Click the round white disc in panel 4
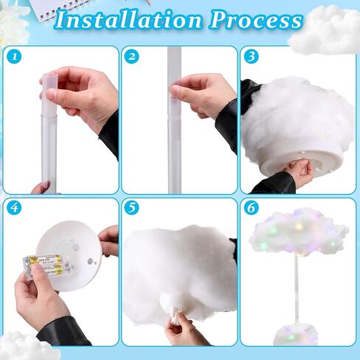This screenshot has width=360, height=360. click(70, 255)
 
